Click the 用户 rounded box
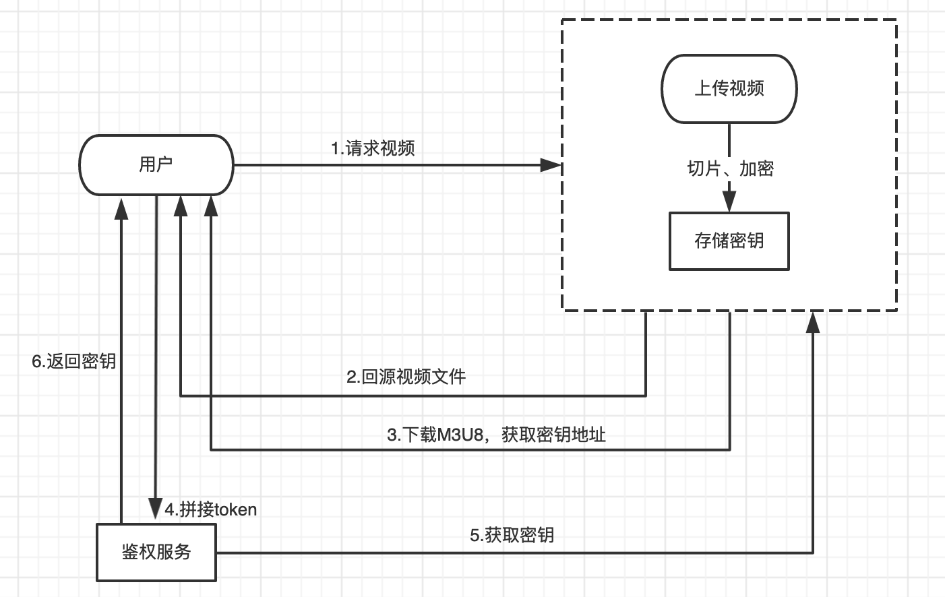point(156,164)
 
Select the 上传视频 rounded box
point(729,89)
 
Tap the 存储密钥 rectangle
point(729,241)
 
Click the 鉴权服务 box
point(156,552)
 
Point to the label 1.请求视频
point(373,148)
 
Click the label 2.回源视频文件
point(406,377)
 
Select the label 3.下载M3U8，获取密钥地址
point(496,435)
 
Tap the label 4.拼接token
point(211,509)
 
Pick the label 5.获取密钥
point(512,535)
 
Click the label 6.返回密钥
point(74,361)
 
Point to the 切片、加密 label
point(730,168)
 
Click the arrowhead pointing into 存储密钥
point(729,201)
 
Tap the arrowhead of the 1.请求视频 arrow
point(551,165)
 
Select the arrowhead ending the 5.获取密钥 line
point(813,322)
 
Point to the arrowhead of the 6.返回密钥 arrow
point(121,208)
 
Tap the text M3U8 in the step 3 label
point(460,435)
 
